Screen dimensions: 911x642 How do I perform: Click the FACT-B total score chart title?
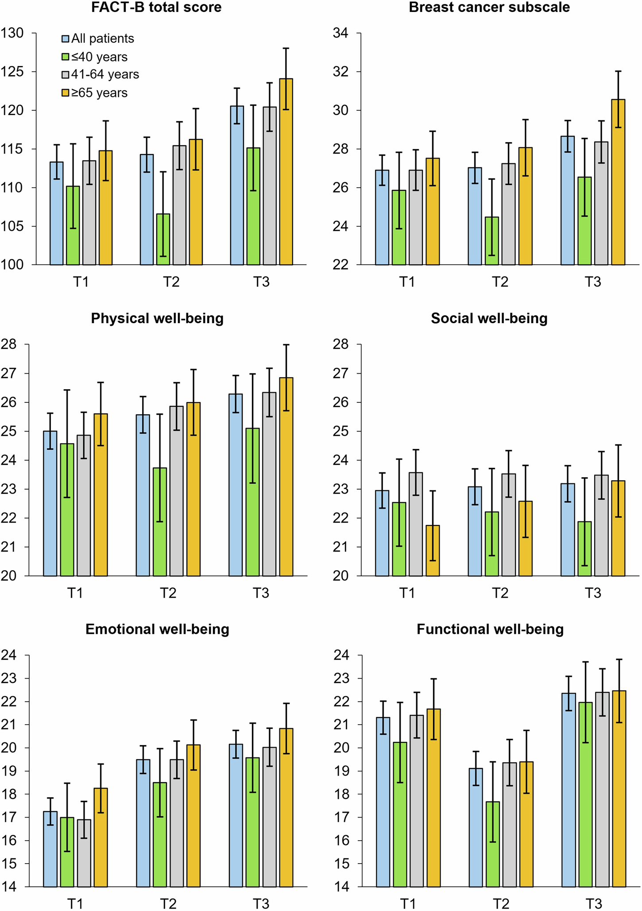(156, 8)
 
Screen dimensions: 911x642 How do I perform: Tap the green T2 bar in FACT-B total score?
(163, 239)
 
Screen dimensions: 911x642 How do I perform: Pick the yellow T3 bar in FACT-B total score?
(286, 173)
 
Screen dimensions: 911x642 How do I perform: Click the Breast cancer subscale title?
(489, 8)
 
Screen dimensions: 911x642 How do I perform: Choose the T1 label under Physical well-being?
(75, 593)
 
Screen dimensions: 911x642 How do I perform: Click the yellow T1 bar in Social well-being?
(433, 551)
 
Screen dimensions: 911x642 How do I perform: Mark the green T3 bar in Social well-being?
(584, 549)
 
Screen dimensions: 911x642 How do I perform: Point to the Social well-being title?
(489, 319)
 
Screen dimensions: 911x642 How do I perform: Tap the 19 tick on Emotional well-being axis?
(9, 771)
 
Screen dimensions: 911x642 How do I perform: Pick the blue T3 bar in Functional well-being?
(569, 790)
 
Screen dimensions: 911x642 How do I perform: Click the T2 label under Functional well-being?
(500, 903)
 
